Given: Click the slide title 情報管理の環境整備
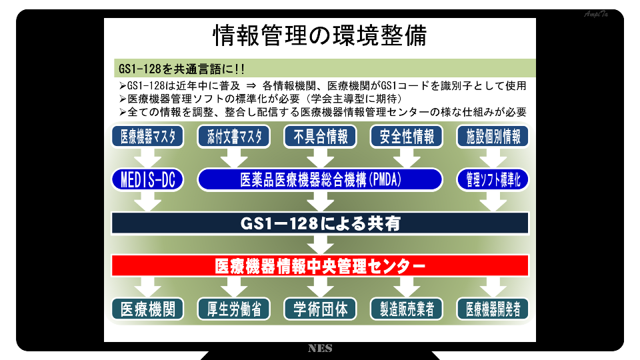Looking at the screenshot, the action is click(319, 35).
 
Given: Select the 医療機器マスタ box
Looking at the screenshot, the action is click(148, 136).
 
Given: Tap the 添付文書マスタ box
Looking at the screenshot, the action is click(234, 136).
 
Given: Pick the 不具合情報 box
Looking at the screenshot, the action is click(321, 136).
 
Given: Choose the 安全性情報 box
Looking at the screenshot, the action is click(407, 136).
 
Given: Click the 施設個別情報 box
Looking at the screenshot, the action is click(493, 136).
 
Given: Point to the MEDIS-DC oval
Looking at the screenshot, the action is click(148, 179).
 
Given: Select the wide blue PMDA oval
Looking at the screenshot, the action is click(321, 179).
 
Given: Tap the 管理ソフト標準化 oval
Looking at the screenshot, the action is click(493, 179).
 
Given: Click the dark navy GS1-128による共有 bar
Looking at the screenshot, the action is click(321, 223).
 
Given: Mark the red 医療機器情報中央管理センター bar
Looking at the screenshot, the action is click(321, 266).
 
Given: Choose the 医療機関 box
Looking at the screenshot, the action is click(148, 309).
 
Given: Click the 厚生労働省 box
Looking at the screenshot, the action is click(234, 309).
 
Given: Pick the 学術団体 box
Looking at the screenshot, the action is click(321, 309).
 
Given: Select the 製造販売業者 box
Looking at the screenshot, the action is click(407, 309).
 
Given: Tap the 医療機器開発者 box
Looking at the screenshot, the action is click(493, 309).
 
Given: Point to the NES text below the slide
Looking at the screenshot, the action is click(320, 348).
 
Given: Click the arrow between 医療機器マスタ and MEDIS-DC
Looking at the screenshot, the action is click(148, 159).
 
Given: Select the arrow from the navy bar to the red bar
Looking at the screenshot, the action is click(321, 245).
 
